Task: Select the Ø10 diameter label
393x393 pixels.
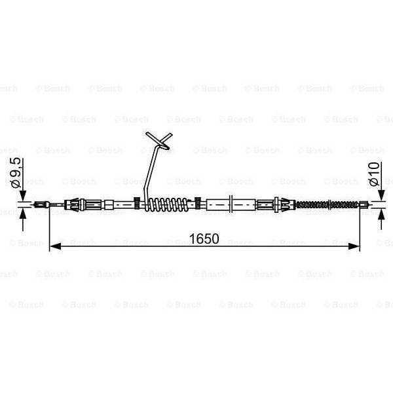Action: click(x=374, y=174)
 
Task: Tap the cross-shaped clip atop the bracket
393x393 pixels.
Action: click(x=159, y=141)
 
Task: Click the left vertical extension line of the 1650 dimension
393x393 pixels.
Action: click(x=50, y=229)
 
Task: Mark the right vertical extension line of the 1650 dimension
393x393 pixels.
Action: click(x=360, y=229)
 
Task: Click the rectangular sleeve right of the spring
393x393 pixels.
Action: click(x=221, y=205)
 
